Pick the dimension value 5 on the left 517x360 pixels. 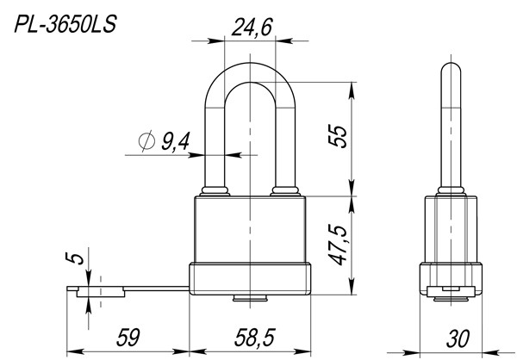click(75, 258)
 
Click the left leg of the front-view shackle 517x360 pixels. click(213, 129)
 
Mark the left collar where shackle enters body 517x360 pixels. click(213, 190)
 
